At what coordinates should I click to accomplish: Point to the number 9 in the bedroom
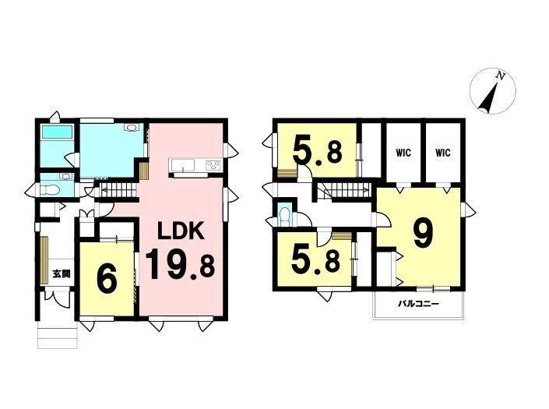coord(423,235)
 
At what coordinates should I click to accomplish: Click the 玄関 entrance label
coord(62,273)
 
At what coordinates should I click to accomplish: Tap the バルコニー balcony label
coord(418,304)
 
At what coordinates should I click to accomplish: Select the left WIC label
coord(403,153)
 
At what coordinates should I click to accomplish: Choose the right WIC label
coord(443,153)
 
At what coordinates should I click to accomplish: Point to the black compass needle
coord(488,98)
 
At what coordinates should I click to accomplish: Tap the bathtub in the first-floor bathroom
coord(57,132)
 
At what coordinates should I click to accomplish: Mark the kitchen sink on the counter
coord(182,165)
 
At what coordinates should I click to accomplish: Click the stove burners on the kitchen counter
coord(213,164)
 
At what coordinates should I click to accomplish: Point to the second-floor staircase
coord(344,190)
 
